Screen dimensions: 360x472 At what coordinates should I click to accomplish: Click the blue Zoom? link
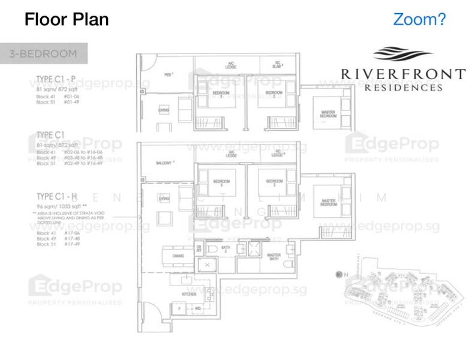(x=419, y=19)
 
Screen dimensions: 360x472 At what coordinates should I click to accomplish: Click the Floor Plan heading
(x=67, y=20)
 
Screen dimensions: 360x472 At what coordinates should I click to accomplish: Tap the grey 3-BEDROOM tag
(x=43, y=53)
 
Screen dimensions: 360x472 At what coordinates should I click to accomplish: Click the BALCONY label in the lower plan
(x=164, y=163)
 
